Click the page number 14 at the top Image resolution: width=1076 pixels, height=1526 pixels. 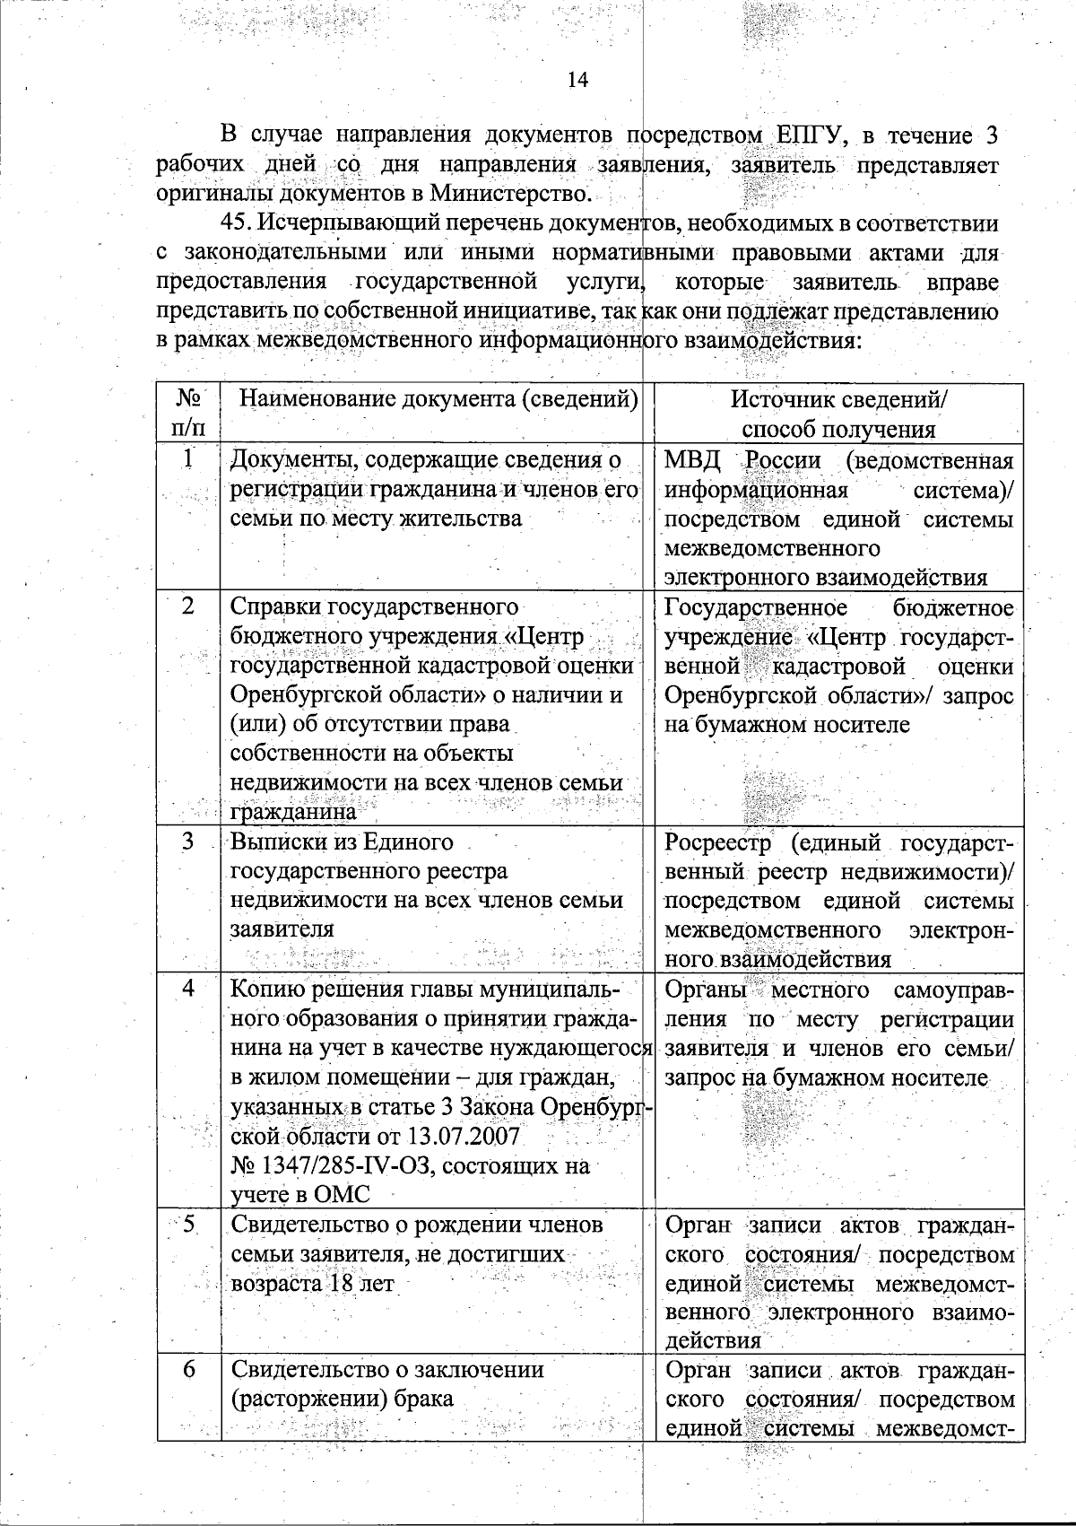pos(577,81)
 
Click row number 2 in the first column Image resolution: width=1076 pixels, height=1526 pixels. pos(188,606)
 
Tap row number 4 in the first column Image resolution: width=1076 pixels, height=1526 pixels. pos(188,990)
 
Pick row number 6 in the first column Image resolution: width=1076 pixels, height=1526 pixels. pos(188,1370)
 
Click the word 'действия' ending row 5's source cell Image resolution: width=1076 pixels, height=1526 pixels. pos(713,1341)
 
